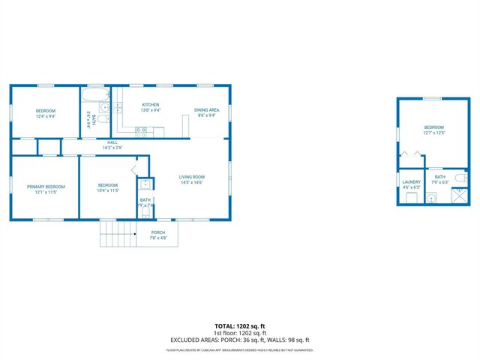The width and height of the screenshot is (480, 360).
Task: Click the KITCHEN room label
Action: (150, 105)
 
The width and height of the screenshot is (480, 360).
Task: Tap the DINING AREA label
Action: (206, 110)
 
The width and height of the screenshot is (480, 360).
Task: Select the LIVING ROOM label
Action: (192, 177)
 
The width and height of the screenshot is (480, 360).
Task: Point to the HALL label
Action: (112, 142)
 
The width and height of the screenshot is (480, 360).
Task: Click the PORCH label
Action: (158, 232)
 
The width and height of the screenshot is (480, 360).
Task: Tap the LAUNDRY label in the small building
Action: (411, 181)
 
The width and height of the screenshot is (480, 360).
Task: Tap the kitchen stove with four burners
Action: (141, 130)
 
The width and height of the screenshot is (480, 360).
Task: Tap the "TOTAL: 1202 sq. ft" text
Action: (239, 326)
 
